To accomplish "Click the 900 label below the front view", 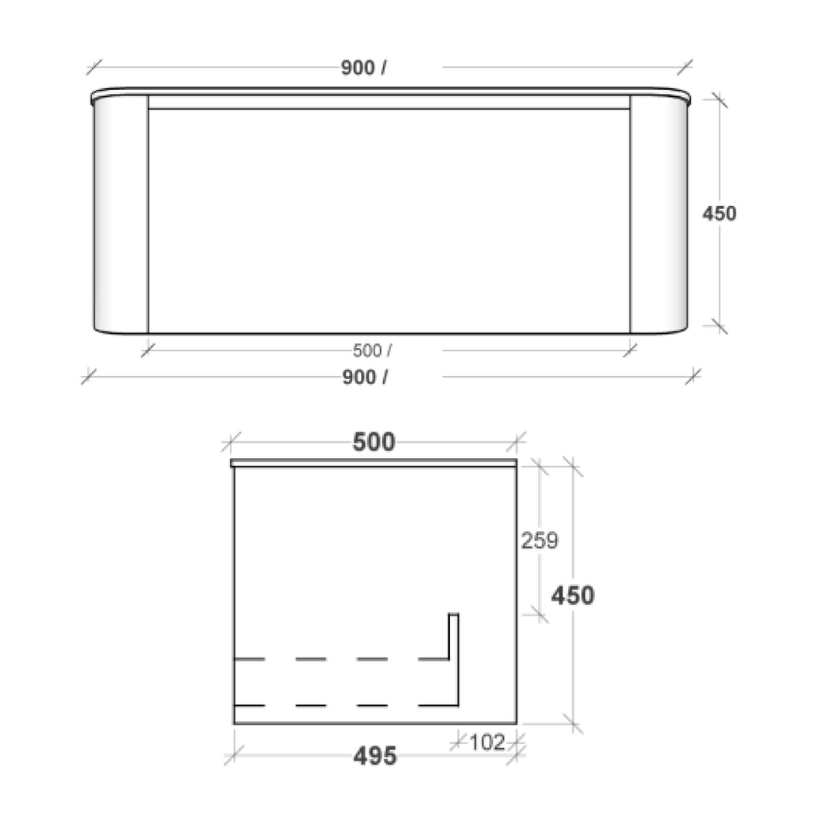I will coord(364,377).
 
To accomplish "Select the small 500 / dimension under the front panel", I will coord(372,350).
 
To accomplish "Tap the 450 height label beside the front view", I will coord(719,214).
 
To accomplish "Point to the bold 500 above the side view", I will coord(374,443).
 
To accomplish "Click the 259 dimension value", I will coord(539,541).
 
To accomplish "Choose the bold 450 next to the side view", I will coord(573,595).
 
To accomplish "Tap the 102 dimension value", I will coord(487,742).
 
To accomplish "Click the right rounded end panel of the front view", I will coord(658,215).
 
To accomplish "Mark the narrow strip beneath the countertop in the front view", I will coord(389,102).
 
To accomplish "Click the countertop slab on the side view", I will coord(374,462).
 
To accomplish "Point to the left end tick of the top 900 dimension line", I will coord(95,68).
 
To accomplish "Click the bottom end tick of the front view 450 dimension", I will coord(719,325).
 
